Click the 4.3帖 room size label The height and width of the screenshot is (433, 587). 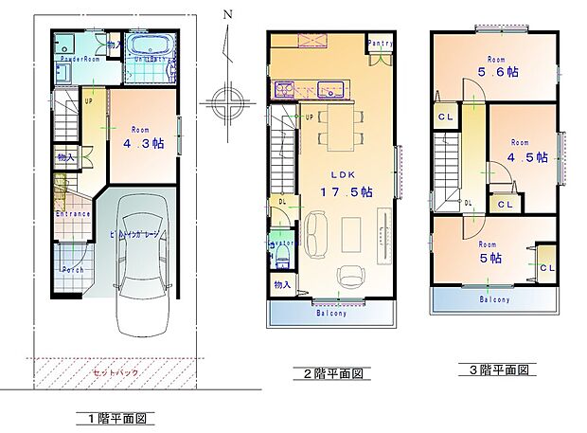pyautogui.click(x=143, y=145)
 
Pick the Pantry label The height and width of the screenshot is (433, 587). pyautogui.click(x=380, y=44)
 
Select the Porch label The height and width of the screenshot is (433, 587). pyautogui.click(x=73, y=270)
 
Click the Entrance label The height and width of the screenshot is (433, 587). pyautogui.click(x=73, y=214)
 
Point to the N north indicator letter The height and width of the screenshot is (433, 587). pyautogui.click(x=226, y=14)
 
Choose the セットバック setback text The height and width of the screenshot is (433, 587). pyautogui.click(x=116, y=372)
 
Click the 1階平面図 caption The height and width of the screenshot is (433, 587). pyautogui.click(x=115, y=418)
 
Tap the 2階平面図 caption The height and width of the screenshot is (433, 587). pyautogui.click(x=333, y=374)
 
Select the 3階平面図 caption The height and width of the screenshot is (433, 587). pyautogui.click(x=496, y=369)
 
